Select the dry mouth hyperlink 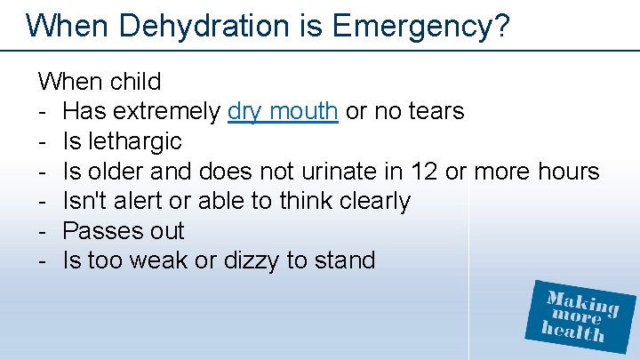(x=283, y=111)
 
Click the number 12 (x=423, y=171)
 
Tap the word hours (x=565, y=171)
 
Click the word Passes (x=100, y=231)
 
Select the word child (x=135, y=82)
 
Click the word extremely (x=166, y=111)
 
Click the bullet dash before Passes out (x=43, y=231)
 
